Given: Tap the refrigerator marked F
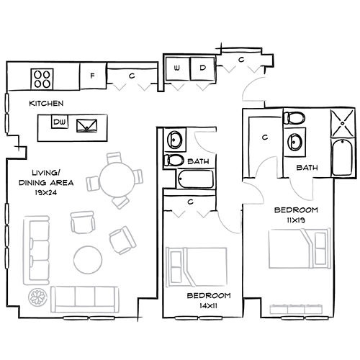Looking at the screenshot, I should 92,75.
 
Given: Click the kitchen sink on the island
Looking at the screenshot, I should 88,125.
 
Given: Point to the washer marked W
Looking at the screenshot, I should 177,68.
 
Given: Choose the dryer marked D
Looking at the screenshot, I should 202,68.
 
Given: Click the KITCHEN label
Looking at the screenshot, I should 45,104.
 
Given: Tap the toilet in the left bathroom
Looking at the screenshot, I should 175,159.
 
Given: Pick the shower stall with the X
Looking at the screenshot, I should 341,122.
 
